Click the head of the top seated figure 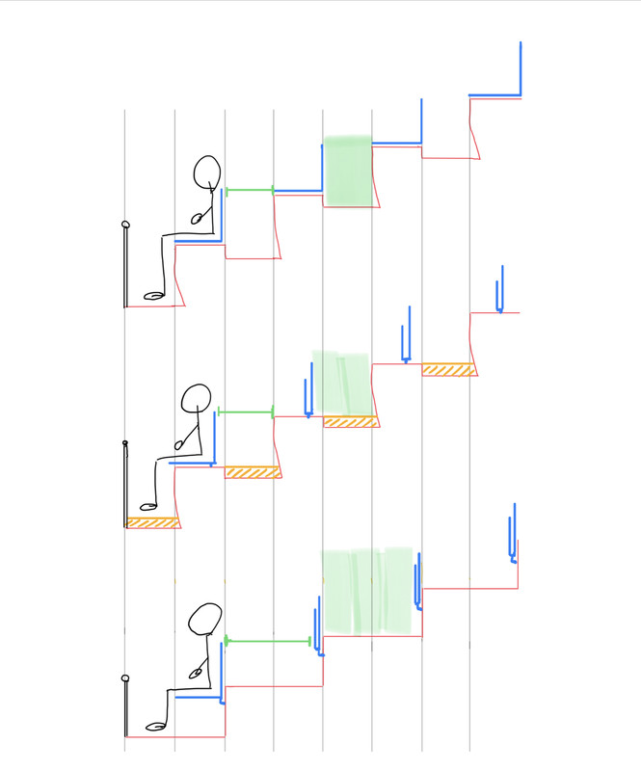[207, 172]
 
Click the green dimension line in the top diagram [249, 191]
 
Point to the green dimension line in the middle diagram [247, 412]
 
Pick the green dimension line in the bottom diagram [268, 640]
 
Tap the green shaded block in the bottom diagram [366, 591]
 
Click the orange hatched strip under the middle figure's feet [152, 522]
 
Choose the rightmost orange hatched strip [448, 369]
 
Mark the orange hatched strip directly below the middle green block [349, 422]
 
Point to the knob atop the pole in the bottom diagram [124, 680]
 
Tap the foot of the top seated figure [153, 295]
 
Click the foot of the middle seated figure [147, 505]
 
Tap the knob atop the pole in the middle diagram [124, 444]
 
